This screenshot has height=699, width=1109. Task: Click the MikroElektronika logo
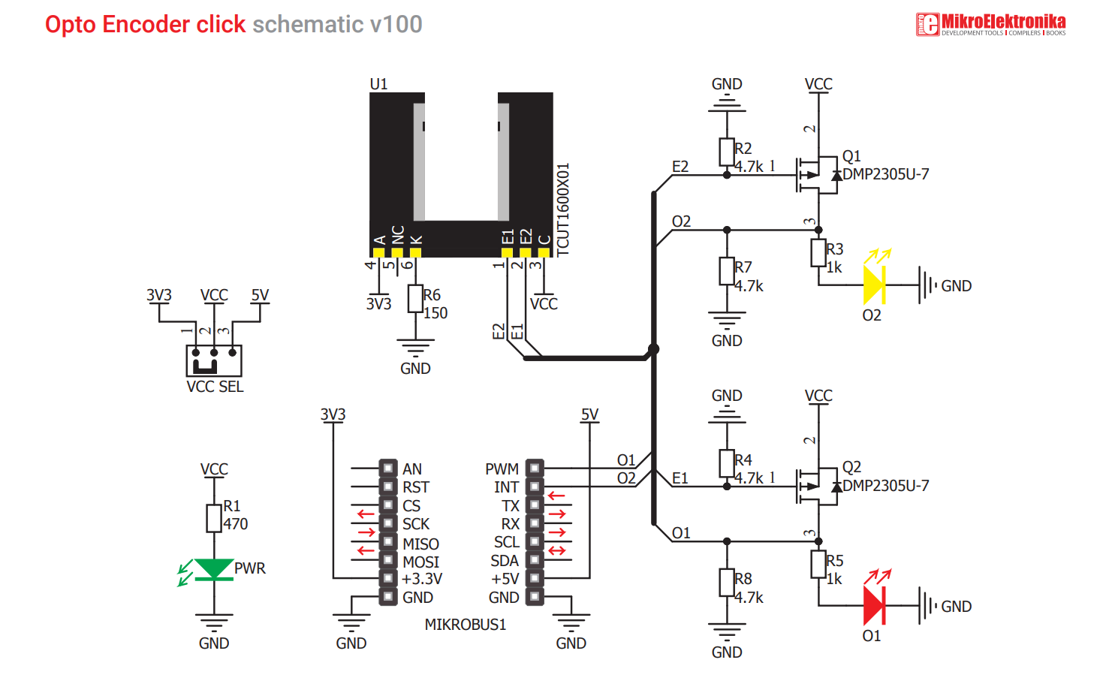(x=990, y=24)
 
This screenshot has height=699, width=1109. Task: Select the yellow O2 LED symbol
(x=874, y=285)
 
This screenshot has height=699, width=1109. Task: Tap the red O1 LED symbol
(x=874, y=605)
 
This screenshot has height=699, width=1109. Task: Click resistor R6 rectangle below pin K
(x=415, y=299)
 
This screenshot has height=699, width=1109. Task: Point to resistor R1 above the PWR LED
(x=214, y=518)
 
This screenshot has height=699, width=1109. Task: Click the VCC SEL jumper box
(x=214, y=360)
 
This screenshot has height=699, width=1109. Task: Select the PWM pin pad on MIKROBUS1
(x=535, y=468)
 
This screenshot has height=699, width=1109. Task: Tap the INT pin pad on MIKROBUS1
(x=535, y=487)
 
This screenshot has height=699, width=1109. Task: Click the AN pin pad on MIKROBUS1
(x=388, y=468)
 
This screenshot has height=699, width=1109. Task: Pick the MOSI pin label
(x=420, y=562)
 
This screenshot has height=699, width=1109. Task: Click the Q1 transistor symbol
(x=817, y=175)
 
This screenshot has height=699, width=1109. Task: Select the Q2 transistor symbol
(x=817, y=487)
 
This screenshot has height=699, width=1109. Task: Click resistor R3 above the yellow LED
(x=818, y=253)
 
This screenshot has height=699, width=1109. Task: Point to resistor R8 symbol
(x=727, y=583)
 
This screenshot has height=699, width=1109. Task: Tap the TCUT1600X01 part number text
(x=563, y=210)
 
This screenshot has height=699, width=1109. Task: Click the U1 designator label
(x=378, y=84)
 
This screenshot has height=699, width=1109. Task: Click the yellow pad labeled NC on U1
(x=397, y=252)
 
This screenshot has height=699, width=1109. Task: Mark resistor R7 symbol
(x=727, y=271)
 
